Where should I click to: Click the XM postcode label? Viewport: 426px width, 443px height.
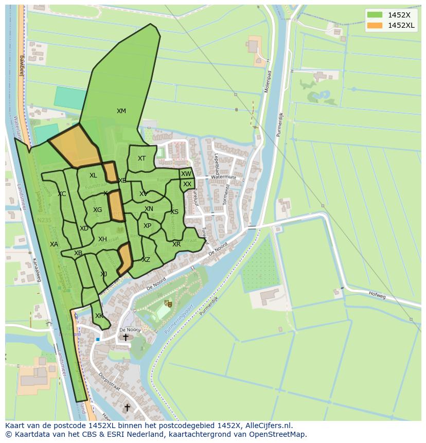coord(121,111)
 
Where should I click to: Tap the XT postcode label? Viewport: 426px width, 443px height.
coord(141,158)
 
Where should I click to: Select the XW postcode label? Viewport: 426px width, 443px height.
coord(186,174)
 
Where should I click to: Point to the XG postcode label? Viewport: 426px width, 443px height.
coord(97,210)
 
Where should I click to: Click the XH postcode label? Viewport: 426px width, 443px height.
coord(102,239)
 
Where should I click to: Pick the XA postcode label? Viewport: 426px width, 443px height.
coord(54,244)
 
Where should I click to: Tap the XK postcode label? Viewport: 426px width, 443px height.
coord(99,316)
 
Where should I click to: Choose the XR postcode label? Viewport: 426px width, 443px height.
coord(176,244)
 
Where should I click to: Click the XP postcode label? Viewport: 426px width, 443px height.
coord(148,226)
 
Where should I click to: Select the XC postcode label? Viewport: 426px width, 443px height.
coord(62,194)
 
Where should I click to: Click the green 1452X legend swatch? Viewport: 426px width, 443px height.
coord(375,15)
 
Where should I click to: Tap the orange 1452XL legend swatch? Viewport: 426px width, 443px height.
coord(375,25)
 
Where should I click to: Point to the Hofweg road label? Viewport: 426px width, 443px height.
coord(377,294)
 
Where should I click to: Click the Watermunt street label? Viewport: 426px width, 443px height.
coord(223,177)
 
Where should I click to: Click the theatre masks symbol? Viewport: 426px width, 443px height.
coord(167,304)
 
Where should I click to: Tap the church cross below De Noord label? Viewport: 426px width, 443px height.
coord(126,338)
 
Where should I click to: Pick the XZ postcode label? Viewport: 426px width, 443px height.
coord(146,260)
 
